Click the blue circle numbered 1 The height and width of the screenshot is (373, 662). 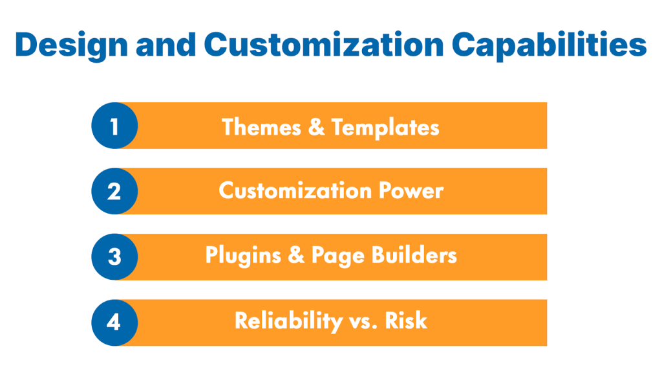(114, 126)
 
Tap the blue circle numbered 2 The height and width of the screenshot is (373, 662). (114, 191)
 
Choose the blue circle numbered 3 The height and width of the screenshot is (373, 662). (114, 257)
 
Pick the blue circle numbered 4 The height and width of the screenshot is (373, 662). (114, 322)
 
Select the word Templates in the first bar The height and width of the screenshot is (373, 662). (385, 126)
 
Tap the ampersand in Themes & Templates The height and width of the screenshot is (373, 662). (316, 126)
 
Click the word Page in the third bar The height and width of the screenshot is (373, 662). (337, 256)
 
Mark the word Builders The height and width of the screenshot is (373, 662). (414, 256)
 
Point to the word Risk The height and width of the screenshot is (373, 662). (406, 321)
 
